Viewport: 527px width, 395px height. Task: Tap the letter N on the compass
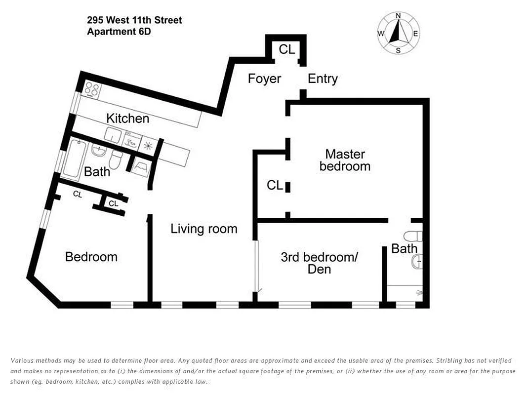tap(398, 16)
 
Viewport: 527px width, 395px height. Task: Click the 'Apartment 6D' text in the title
tap(119, 32)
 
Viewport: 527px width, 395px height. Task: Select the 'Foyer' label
tap(264, 79)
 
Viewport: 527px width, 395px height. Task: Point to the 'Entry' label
tap(323, 79)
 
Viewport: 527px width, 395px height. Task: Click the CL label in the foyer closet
tap(286, 49)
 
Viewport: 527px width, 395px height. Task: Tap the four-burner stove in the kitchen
tap(92, 89)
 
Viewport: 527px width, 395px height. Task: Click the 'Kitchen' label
tap(127, 118)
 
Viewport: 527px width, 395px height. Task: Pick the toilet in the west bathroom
tap(116, 159)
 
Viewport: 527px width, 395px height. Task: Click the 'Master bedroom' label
tap(345, 159)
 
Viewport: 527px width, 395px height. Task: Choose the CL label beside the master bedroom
tap(275, 185)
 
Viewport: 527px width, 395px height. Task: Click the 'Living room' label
tap(203, 229)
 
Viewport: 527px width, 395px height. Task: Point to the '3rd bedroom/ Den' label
tap(319, 263)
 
